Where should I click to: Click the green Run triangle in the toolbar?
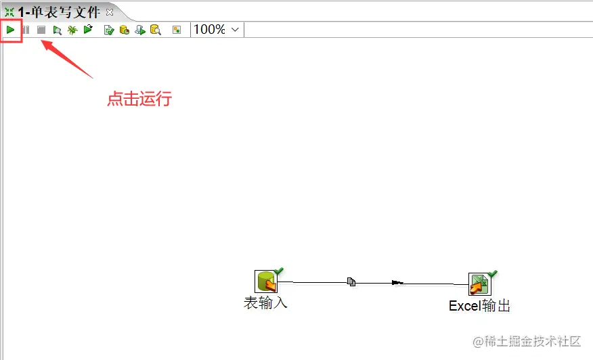click(11, 30)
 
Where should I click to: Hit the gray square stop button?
click(41, 30)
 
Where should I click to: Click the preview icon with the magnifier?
click(57, 30)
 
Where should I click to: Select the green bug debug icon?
click(72, 30)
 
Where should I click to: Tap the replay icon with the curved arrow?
click(88, 29)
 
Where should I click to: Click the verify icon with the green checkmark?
click(109, 30)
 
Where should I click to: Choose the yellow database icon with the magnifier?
click(156, 30)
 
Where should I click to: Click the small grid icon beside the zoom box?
click(177, 30)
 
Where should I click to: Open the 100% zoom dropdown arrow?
click(235, 30)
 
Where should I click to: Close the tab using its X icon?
click(110, 12)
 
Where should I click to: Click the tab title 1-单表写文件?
click(59, 12)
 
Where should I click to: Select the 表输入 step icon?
click(266, 282)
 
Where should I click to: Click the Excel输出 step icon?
click(480, 284)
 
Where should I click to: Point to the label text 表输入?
click(265, 303)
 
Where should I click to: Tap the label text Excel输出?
click(479, 306)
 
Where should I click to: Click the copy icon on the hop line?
click(351, 282)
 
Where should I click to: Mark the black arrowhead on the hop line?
click(397, 282)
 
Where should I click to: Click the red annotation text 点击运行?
click(139, 99)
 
